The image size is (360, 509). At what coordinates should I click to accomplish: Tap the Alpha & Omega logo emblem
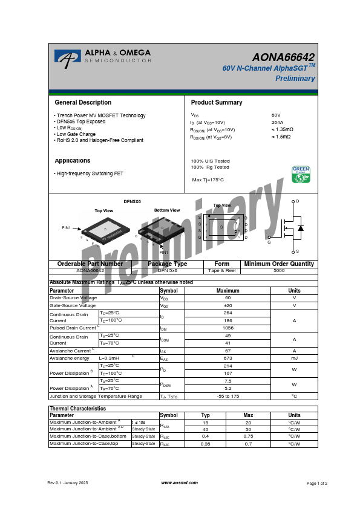(x=67, y=57)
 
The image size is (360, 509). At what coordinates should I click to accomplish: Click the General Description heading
(x=83, y=103)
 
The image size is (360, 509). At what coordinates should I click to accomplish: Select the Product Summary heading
(x=217, y=103)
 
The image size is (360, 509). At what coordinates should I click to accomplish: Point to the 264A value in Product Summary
(x=277, y=122)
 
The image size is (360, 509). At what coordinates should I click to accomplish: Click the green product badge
(x=301, y=174)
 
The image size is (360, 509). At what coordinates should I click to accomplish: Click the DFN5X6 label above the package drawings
(x=132, y=201)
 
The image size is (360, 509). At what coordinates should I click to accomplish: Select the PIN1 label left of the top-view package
(x=67, y=228)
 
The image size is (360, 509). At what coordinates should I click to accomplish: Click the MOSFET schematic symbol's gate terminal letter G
(x=269, y=241)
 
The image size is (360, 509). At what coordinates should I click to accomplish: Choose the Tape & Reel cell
(x=222, y=271)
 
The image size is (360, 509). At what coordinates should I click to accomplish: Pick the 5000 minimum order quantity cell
(x=279, y=271)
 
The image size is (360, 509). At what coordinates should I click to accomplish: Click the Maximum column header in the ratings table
(x=228, y=291)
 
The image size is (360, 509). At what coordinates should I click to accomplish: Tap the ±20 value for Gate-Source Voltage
(x=228, y=305)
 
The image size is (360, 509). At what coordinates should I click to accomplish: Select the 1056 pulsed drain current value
(x=228, y=328)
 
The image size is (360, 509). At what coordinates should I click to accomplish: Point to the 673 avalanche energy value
(x=228, y=358)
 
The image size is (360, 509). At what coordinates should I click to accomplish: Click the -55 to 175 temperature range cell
(x=228, y=396)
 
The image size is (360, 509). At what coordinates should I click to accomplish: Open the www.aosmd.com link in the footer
(x=180, y=483)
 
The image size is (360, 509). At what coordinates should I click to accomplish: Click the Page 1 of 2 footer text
(x=317, y=484)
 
